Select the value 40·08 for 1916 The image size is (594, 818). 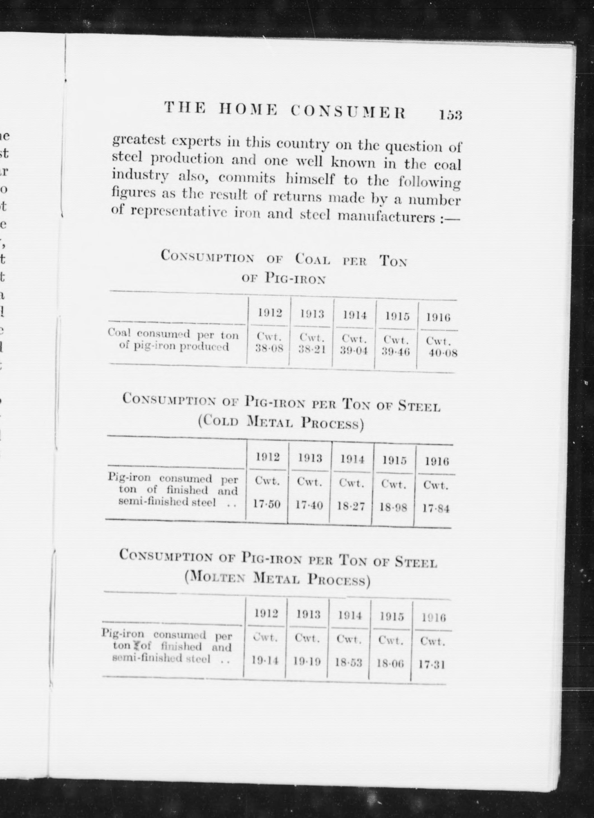(443, 353)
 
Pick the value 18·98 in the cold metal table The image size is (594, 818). (393, 507)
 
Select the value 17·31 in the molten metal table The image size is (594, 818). (432, 664)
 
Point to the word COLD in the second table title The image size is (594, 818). (221, 421)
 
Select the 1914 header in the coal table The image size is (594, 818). (355, 316)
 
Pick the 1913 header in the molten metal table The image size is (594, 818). (308, 614)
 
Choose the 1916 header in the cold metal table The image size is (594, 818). (436, 461)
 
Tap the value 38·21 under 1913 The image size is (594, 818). (312, 350)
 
